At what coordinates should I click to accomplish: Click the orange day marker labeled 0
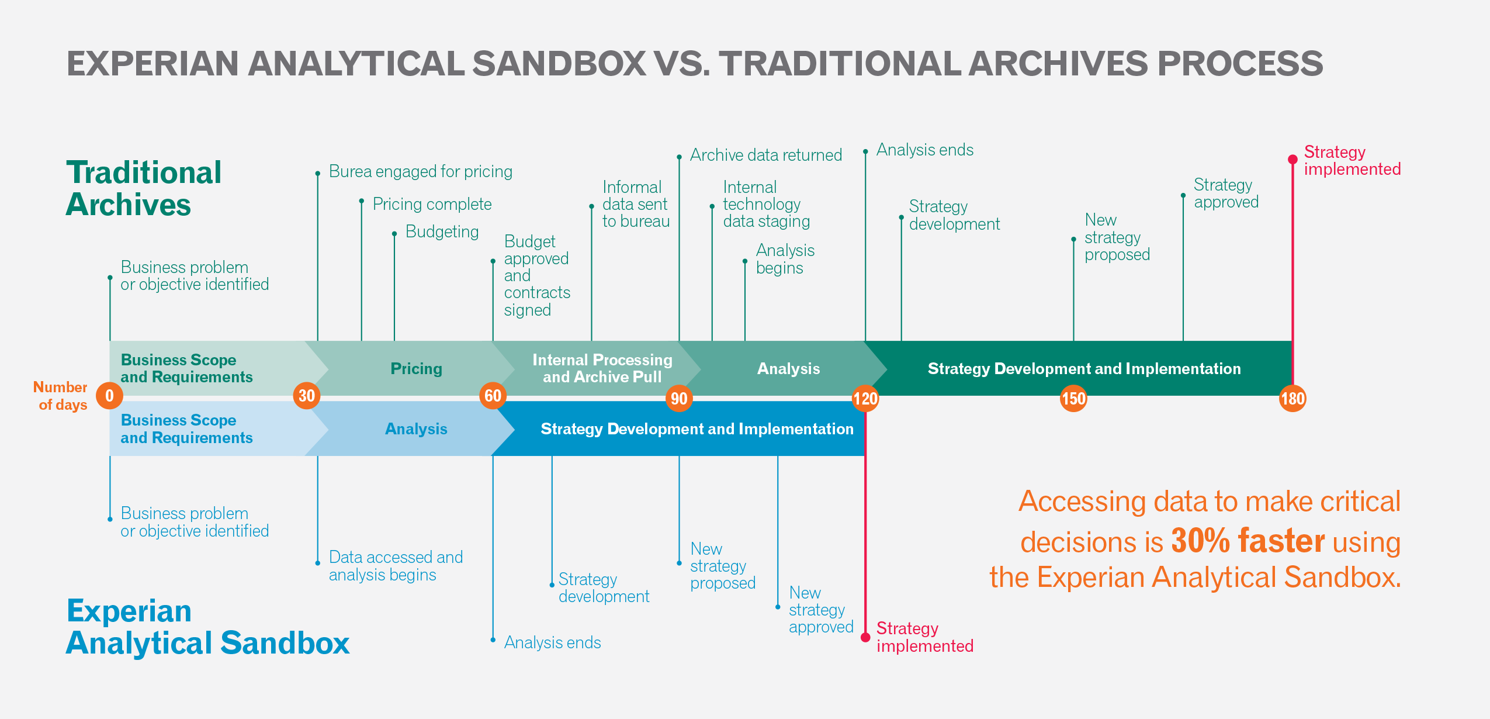click(x=109, y=396)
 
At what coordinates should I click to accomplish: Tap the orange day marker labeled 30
click(x=307, y=396)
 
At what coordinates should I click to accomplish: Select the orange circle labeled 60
click(x=493, y=396)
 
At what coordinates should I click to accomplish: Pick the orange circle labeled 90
click(x=679, y=399)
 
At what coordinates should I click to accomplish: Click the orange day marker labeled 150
click(x=1073, y=399)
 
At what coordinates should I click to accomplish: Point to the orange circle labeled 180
click(x=1293, y=399)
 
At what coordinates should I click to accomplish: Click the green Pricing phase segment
click(x=416, y=368)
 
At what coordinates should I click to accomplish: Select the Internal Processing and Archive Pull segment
click(x=602, y=368)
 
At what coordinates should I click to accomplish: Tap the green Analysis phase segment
click(x=788, y=368)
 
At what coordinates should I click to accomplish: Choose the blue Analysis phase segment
click(x=416, y=429)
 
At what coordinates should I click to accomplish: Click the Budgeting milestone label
click(x=442, y=231)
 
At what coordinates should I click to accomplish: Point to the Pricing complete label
click(x=432, y=204)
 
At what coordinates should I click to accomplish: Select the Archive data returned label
click(x=765, y=155)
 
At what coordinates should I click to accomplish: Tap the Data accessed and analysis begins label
click(x=396, y=566)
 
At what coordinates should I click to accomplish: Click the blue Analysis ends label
click(x=552, y=642)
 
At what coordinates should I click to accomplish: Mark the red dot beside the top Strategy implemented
click(x=1293, y=160)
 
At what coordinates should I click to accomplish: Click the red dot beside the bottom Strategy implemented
click(x=865, y=637)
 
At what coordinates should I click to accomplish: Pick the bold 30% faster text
click(x=1248, y=541)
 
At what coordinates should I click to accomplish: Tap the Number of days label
click(x=61, y=396)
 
